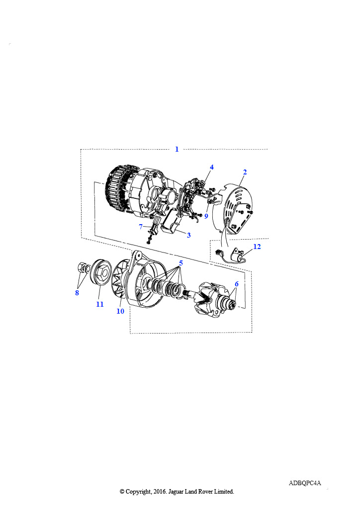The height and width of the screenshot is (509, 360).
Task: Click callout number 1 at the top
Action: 177,149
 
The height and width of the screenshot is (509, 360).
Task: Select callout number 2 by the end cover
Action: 245,172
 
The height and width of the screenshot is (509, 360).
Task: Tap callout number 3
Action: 188,235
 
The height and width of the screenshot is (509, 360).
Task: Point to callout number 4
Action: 212,167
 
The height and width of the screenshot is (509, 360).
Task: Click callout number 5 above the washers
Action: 181,263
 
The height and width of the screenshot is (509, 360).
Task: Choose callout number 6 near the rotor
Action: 237,284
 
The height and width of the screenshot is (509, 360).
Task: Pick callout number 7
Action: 141,227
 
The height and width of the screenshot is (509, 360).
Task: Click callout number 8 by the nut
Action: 77,293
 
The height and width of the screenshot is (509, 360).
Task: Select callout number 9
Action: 206,216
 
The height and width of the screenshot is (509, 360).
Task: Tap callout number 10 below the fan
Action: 120,311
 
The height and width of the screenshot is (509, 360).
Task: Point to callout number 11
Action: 99,304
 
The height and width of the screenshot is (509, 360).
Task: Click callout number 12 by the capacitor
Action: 257,247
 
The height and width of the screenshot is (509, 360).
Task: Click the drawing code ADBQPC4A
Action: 305,483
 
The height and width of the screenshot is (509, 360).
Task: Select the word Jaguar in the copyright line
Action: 176,492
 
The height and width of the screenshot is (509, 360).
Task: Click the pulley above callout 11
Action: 100,273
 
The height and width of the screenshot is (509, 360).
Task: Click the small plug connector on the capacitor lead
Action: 218,252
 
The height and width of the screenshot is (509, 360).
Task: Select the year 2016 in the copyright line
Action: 159,492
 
